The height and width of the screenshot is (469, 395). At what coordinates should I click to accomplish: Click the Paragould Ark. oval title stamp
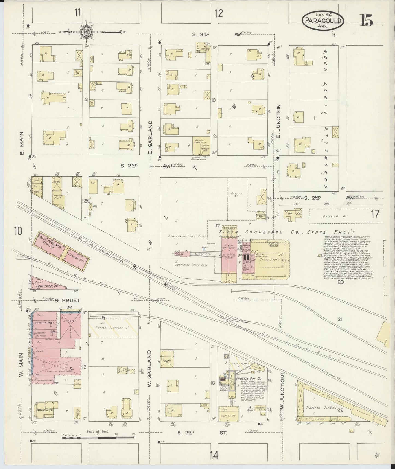(x=323, y=21)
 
